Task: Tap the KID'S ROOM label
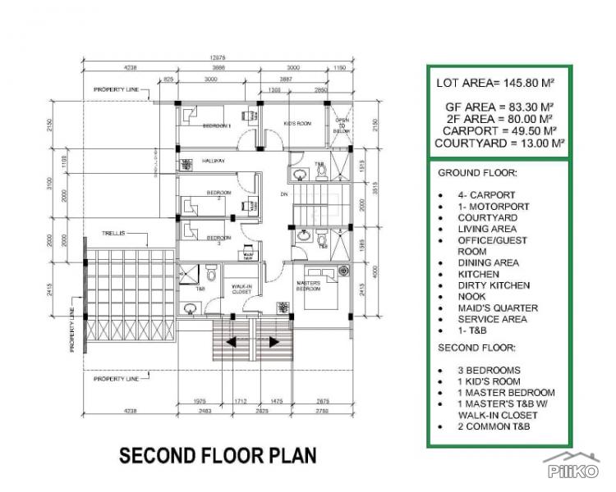pos(297,123)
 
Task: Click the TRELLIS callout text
pos(113,233)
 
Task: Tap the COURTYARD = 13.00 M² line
pos(496,142)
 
